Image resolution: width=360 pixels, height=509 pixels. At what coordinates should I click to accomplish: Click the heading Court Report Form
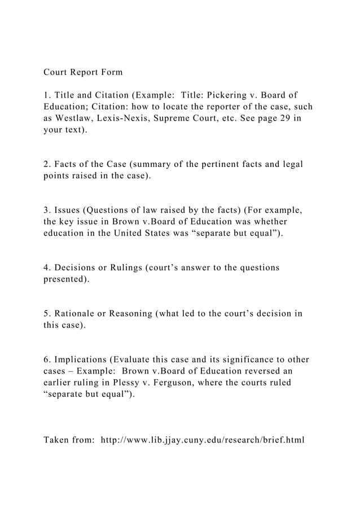(83, 73)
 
